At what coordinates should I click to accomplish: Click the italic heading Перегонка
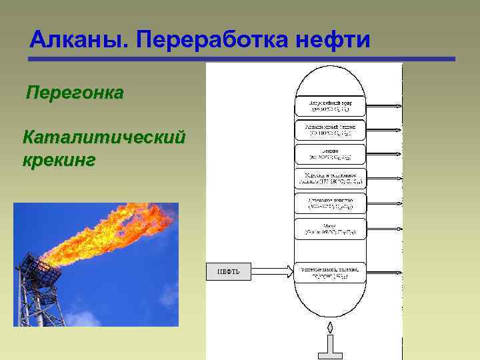74,93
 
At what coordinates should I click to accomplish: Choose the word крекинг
59,160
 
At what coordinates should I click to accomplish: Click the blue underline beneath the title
241,59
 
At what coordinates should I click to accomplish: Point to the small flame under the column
329,328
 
